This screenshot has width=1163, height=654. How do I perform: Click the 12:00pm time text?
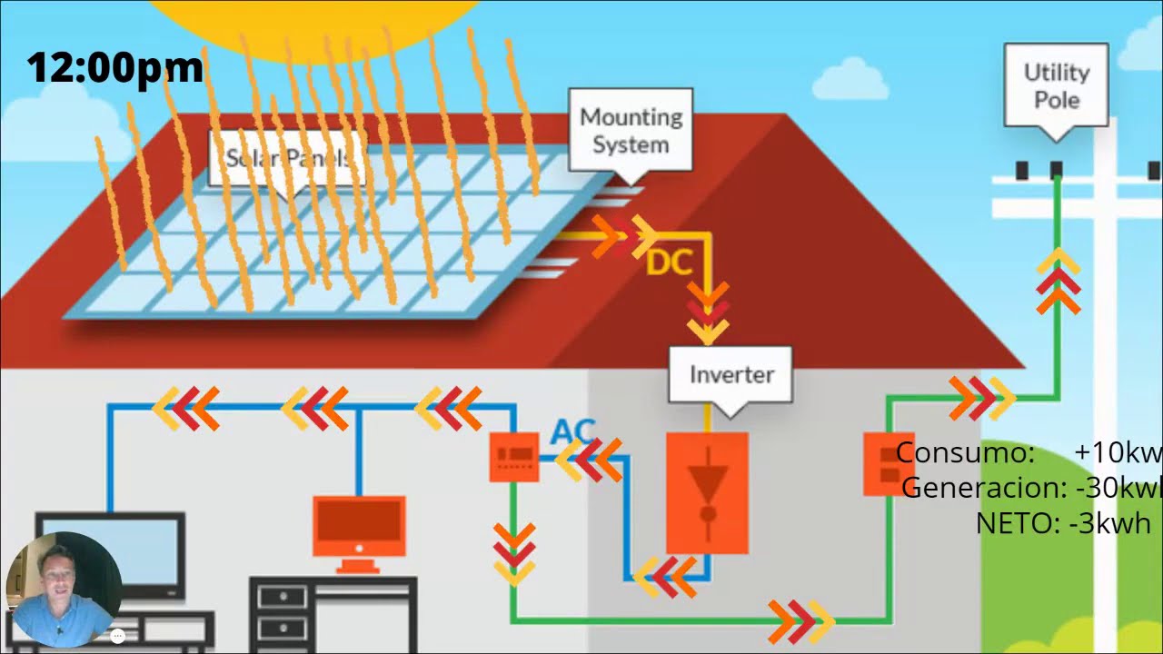click(x=114, y=68)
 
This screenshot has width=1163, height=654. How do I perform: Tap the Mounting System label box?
click(x=631, y=130)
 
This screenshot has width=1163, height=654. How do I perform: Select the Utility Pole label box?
click(x=1056, y=85)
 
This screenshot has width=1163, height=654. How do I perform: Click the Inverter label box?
click(x=731, y=374)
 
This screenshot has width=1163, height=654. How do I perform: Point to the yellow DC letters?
click(x=670, y=263)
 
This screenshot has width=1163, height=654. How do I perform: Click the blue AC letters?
click(x=572, y=430)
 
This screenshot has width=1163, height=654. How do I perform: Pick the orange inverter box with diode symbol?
click(x=707, y=491)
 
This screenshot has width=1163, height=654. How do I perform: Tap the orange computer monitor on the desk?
click(x=359, y=527)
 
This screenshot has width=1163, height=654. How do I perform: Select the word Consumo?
click(x=965, y=451)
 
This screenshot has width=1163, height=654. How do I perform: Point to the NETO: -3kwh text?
click(x=1062, y=523)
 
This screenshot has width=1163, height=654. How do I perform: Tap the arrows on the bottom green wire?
click(x=800, y=620)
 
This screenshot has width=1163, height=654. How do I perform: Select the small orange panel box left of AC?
click(x=514, y=457)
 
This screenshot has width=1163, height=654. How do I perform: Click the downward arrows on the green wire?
click(x=513, y=552)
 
